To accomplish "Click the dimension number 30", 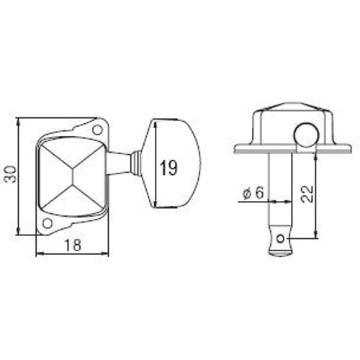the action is pyautogui.click(x=12, y=174).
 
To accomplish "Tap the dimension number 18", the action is pyautogui.click(x=73, y=246).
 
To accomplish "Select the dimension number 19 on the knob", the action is pyautogui.click(x=168, y=168).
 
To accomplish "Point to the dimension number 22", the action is pyautogui.click(x=307, y=194).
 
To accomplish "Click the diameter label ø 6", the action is pyautogui.click(x=253, y=193).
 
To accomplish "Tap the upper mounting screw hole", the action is pyautogui.click(x=97, y=130).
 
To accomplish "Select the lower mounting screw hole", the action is pyautogui.click(x=48, y=223).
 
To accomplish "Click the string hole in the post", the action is pyautogui.click(x=280, y=239).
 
